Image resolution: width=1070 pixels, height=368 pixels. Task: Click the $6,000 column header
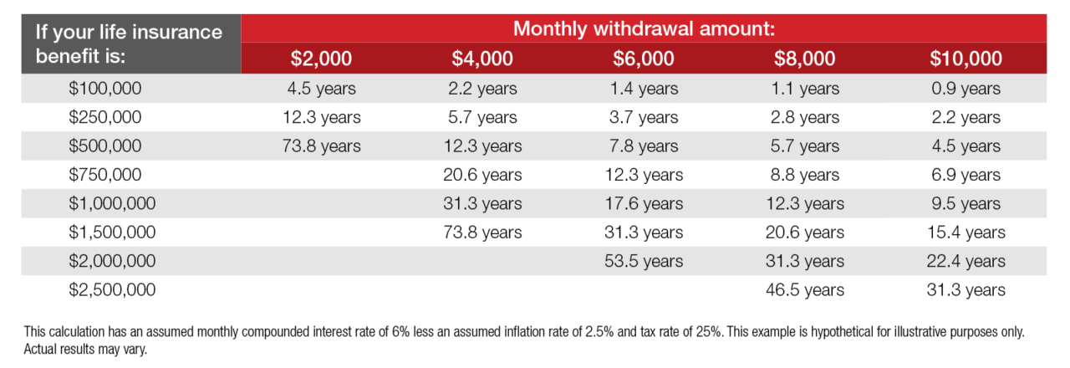(643, 59)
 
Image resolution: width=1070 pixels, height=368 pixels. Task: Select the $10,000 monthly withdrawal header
(966, 59)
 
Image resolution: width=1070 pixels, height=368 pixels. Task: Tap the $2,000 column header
(321, 59)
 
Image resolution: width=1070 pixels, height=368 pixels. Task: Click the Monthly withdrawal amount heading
(644, 28)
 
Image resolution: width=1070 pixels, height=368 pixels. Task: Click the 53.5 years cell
(643, 261)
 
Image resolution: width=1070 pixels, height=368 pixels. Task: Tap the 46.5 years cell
(804, 290)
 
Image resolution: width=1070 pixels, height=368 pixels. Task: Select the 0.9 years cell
(966, 89)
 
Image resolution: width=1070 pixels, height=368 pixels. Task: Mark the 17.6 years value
(643, 204)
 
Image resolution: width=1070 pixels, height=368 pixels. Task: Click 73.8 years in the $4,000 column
(482, 233)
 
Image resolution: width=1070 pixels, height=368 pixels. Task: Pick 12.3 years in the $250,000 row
(321, 118)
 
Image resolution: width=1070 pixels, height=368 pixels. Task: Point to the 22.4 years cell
(966, 261)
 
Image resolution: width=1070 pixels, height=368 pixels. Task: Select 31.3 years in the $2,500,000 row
(966, 290)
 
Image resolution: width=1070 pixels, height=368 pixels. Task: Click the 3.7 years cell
(643, 118)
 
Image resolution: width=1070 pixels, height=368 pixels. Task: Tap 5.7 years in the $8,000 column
(804, 146)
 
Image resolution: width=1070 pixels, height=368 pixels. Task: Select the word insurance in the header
(181, 33)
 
